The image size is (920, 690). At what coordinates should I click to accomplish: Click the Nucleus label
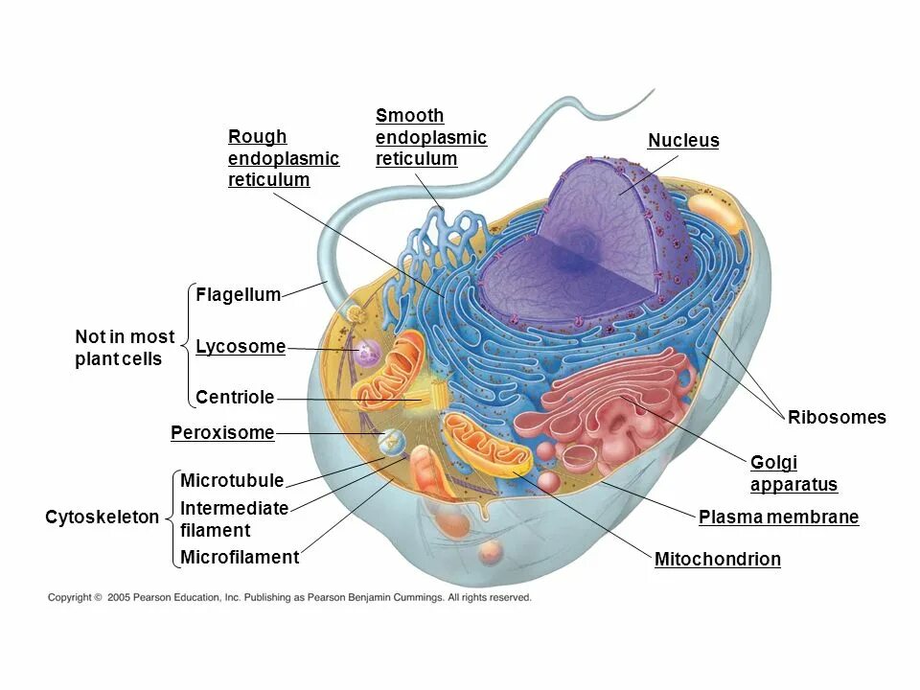[x=683, y=141]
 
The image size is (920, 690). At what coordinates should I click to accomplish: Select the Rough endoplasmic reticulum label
[x=284, y=158]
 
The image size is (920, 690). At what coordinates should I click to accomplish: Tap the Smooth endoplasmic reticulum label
[x=431, y=137]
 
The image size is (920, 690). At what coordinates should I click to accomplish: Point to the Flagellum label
[x=238, y=295]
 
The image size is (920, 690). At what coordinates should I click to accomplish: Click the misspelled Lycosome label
[x=241, y=347]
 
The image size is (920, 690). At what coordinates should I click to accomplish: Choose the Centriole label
[x=235, y=397]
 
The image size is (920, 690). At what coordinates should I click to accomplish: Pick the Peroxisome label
[x=222, y=433]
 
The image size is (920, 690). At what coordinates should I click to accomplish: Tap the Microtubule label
[x=232, y=480]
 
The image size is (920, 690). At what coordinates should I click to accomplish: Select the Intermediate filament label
[x=234, y=518]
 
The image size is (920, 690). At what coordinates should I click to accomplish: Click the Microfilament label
[x=240, y=557]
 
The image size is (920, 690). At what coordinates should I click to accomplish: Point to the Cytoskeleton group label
[x=103, y=517]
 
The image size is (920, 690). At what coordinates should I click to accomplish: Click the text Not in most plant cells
[x=125, y=348]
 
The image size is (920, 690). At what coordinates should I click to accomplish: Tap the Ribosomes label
[x=837, y=417]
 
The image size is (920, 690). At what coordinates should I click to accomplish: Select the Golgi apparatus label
[x=793, y=473]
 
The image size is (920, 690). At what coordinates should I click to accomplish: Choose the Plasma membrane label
[x=778, y=517]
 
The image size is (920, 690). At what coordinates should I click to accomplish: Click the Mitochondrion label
[x=717, y=560]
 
